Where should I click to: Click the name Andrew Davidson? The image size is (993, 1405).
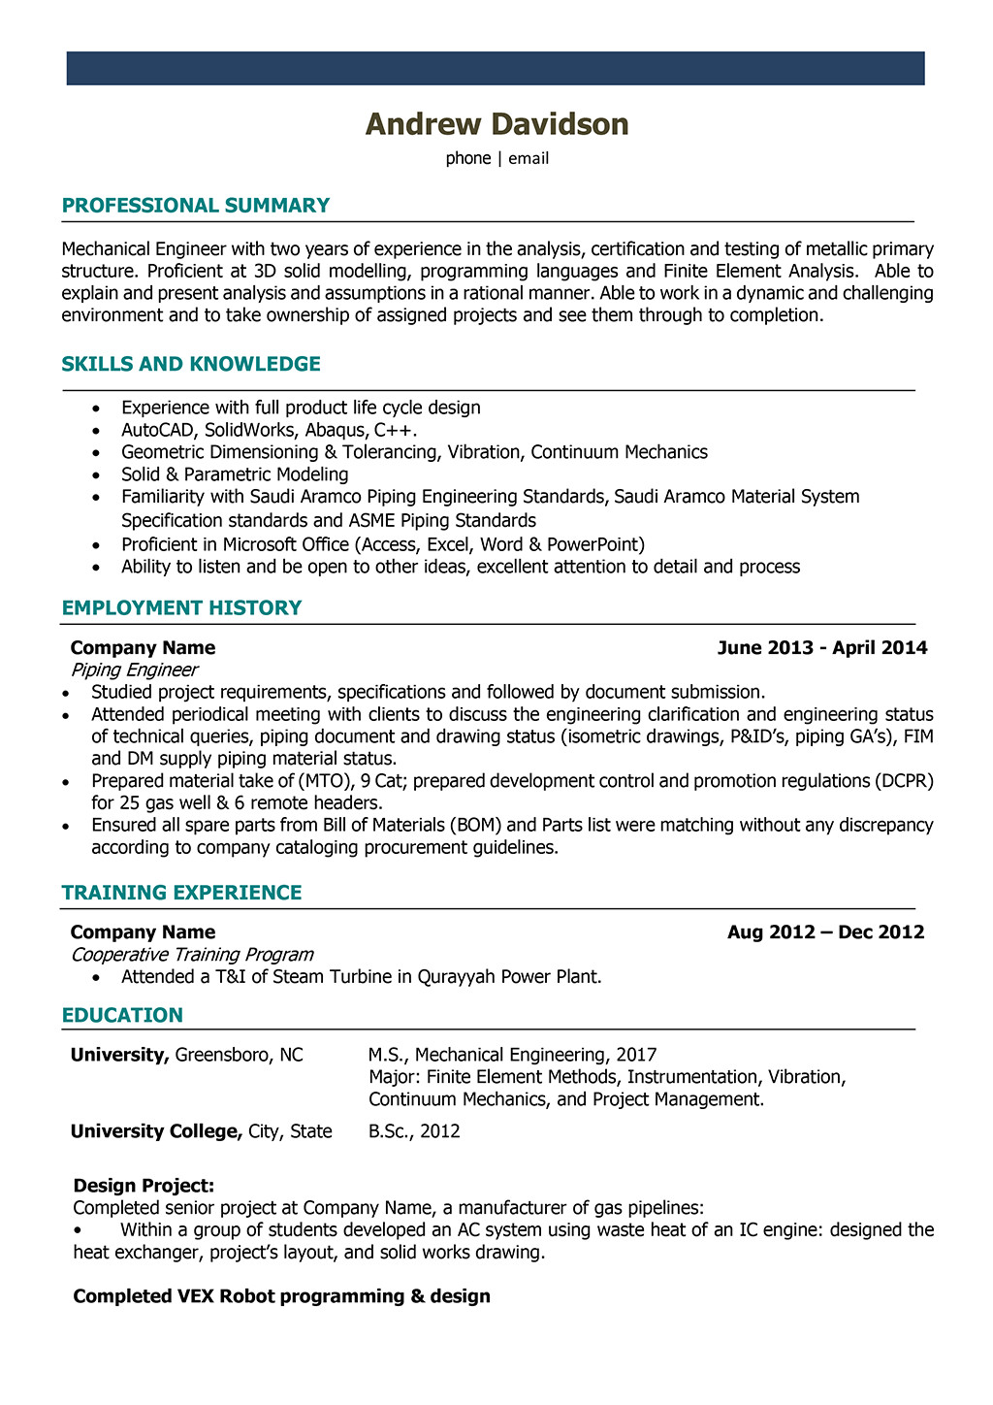[496, 124]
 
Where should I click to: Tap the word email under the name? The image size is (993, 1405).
[529, 158]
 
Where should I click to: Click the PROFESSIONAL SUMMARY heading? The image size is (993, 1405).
[196, 206]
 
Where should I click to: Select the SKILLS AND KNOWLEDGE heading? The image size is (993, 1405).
[191, 365]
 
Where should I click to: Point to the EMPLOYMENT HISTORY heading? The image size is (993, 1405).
[181, 608]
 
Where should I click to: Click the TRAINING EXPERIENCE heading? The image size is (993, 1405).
[181, 893]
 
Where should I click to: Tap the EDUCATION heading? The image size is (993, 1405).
[122, 1016]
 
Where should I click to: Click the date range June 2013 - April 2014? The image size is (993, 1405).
[822, 648]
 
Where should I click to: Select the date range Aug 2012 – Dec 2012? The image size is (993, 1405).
[825, 932]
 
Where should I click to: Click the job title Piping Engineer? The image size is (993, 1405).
[134, 670]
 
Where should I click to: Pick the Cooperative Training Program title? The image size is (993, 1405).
[192, 955]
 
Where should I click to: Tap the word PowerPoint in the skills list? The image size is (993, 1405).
[595, 544]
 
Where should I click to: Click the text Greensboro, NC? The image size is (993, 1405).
[239, 1055]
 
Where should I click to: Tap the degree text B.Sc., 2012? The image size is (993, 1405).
[414, 1131]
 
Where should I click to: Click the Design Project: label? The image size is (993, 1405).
[144, 1186]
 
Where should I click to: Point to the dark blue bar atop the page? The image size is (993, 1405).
[496, 69]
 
